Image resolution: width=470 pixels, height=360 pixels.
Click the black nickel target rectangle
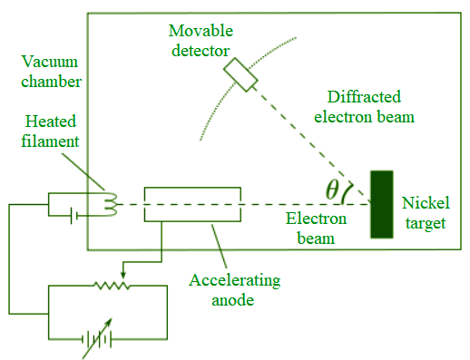[x=382, y=204]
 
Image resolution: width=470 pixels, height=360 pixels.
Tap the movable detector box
[x=242, y=74]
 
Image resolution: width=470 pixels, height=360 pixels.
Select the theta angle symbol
[x=332, y=190]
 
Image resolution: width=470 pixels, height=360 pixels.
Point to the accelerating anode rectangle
[x=192, y=204]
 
